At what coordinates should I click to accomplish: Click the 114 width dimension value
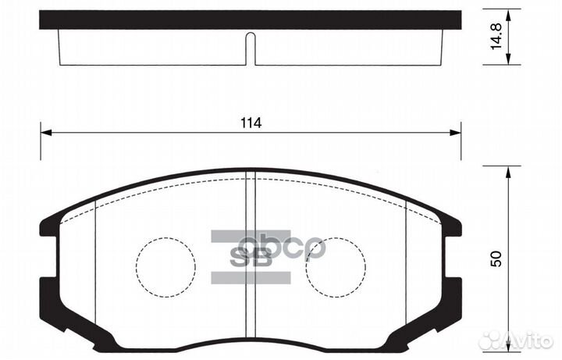[x=250, y=123]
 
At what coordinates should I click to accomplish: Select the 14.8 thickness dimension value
[x=495, y=37]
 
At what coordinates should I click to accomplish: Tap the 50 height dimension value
[x=495, y=258]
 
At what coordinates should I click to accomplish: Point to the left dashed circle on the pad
[x=165, y=266]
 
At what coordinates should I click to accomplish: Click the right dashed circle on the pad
[x=336, y=266]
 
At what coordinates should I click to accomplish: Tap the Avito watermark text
[x=530, y=340]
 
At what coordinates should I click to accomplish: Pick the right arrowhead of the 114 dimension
[x=455, y=134]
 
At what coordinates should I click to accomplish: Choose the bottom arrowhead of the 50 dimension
[x=509, y=347]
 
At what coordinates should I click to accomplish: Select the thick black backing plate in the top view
[x=250, y=20]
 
